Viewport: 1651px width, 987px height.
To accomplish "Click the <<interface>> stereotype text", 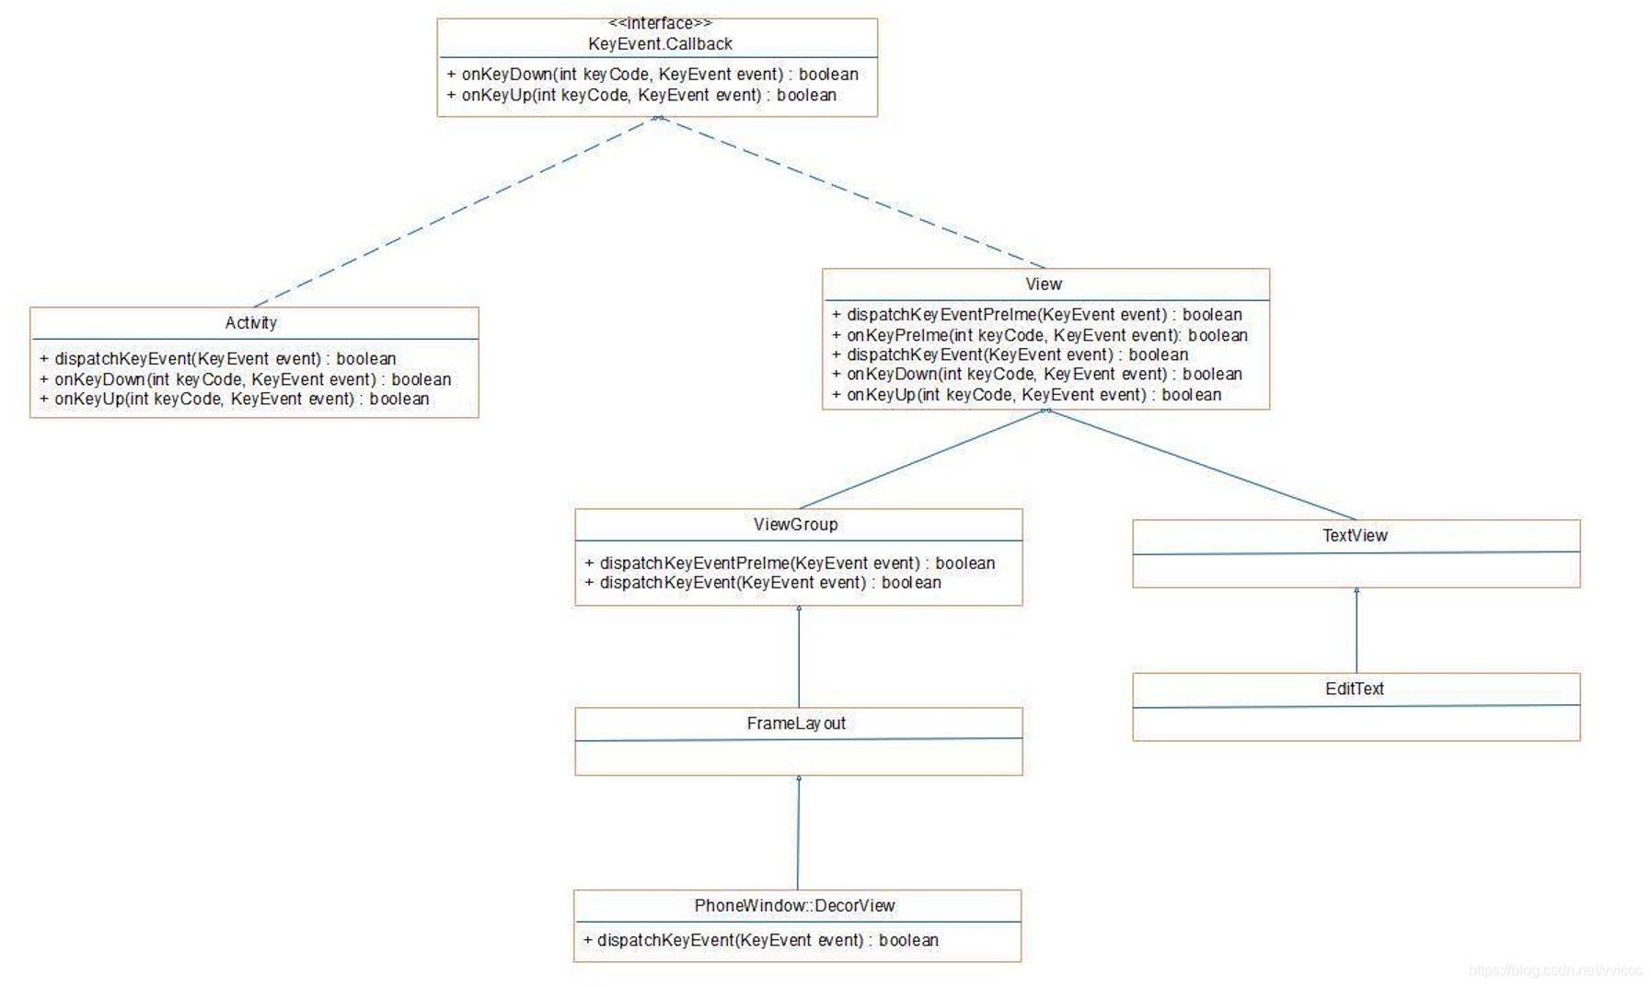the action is coord(660,23).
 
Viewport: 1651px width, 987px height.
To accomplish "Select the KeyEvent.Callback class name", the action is coord(660,44).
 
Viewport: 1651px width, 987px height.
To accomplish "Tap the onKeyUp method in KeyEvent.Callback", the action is coord(641,95).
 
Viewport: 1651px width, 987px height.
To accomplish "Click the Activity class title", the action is coord(251,323).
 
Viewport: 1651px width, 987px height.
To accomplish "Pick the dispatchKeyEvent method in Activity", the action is coord(217,359).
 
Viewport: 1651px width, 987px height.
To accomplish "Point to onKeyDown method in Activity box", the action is coord(245,379).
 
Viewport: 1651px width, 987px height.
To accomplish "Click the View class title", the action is coord(1044,284).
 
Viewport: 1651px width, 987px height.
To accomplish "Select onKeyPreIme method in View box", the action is coord(1039,335).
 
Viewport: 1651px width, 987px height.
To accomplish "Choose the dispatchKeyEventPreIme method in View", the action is coord(1036,315).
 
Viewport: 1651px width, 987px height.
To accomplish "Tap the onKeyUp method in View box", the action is coord(1026,395).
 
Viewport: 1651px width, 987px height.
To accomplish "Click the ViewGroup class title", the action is coord(796,525).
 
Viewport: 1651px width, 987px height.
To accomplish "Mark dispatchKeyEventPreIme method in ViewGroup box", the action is coord(790,563).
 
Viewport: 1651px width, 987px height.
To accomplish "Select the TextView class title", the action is coord(1355,536).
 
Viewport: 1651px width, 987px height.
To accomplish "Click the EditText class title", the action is coord(1355,689).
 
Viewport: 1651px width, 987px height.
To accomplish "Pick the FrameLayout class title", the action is coord(796,724).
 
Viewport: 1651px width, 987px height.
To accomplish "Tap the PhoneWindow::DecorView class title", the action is coord(794,906).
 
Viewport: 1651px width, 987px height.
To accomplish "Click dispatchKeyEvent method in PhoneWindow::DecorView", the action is coord(760,940).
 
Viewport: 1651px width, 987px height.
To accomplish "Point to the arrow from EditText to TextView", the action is coord(1357,631).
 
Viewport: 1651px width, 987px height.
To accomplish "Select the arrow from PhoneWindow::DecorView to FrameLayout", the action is coord(798,833).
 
